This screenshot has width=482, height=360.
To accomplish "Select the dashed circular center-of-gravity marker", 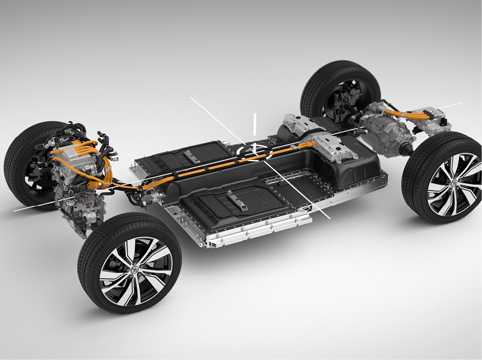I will point(254,151).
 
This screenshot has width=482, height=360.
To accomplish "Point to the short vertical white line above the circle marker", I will point(254,124).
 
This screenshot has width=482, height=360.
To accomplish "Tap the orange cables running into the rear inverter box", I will point(408,114).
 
